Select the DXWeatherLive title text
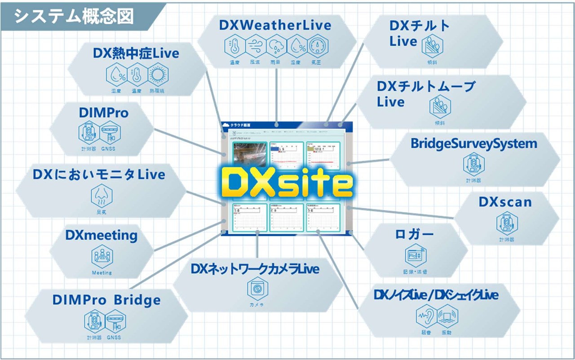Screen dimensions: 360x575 point(275,25)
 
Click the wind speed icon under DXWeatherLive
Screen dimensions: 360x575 point(254,46)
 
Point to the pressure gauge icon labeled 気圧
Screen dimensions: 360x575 point(318,46)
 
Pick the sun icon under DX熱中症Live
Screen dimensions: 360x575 point(158,75)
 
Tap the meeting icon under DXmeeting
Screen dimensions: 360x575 point(102,257)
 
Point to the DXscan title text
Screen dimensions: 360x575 point(505,202)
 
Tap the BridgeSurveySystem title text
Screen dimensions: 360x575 point(474,144)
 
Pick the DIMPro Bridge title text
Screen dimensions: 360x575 point(106,300)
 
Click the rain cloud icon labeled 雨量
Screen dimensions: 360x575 point(275,46)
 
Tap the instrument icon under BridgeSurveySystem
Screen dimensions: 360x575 point(473,165)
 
